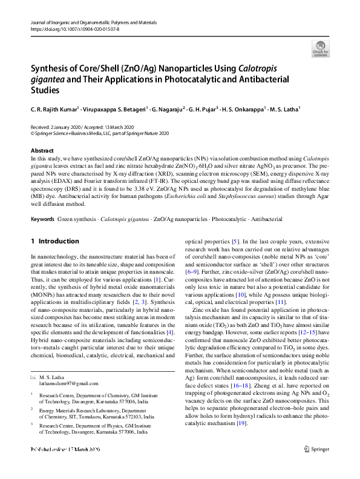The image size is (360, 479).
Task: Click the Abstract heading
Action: (42, 150)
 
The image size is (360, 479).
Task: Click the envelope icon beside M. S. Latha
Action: (33, 377)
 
